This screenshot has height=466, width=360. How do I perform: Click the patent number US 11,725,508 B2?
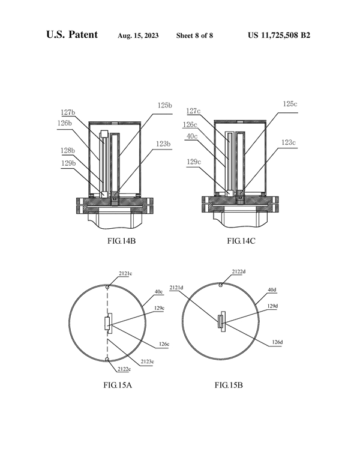[279, 35]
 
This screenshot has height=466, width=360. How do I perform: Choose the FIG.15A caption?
[117, 385]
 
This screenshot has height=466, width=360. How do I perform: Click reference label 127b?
[67, 112]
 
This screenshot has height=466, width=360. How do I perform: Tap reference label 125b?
[164, 105]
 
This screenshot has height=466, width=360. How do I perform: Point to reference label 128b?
[67, 150]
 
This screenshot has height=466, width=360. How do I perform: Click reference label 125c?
[289, 104]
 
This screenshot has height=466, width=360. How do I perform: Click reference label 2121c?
[125, 274]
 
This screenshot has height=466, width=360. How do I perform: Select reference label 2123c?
[146, 362]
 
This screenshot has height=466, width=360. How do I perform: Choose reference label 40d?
[271, 290]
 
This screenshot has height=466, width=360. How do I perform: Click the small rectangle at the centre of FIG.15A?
[107, 323]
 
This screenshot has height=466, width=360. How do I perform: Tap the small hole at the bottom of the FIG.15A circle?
[107, 360]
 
